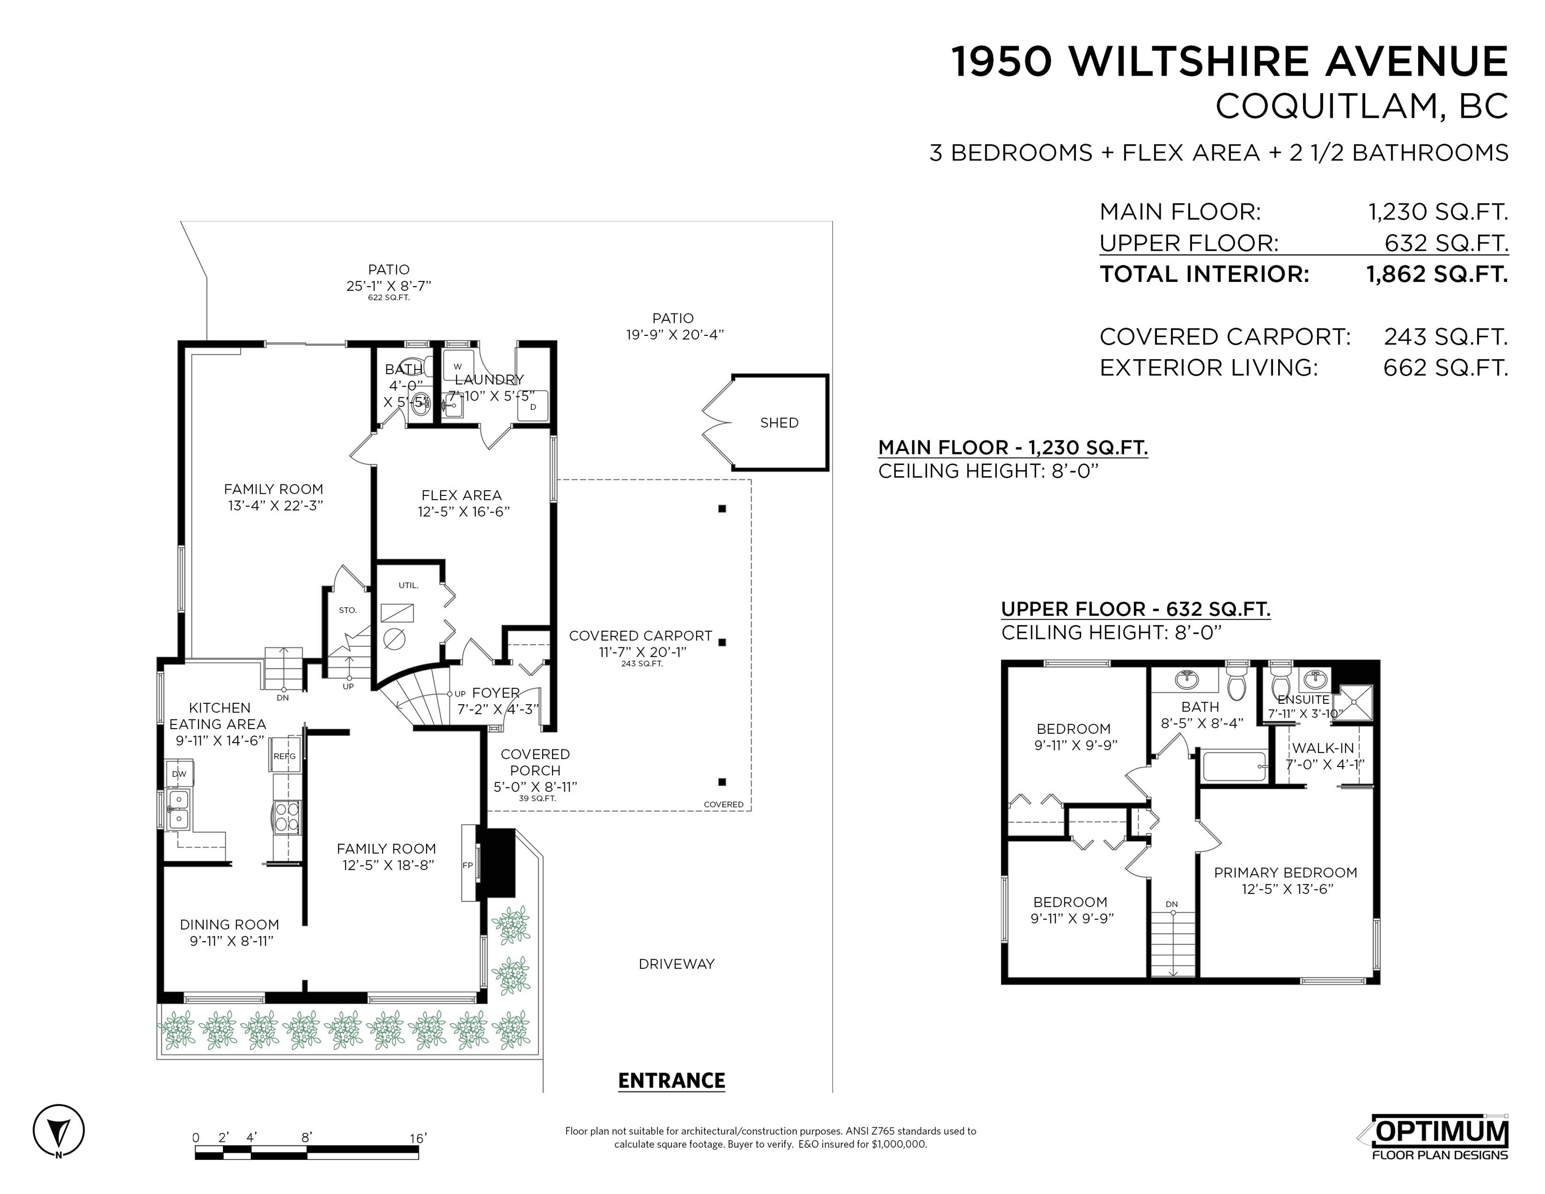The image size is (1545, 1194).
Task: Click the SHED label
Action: pyautogui.click(x=779, y=423)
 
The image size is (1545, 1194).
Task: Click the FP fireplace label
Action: pyautogui.click(x=467, y=865)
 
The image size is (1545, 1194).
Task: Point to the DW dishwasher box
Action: pyautogui.click(x=180, y=774)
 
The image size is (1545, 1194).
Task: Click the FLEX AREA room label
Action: pyautogui.click(x=461, y=495)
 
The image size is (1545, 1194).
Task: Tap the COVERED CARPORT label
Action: pyautogui.click(x=640, y=636)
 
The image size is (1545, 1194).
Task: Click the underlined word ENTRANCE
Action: pyautogui.click(x=671, y=1081)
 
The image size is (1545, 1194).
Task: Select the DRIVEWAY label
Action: pyautogui.click(x=676, y=964)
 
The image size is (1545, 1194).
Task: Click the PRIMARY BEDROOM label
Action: pyautogui.click(x=1285, y=873)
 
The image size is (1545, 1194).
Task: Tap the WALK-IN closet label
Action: pyautogui.click(x=1323, y=748)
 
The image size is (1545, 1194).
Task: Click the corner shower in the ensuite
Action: pyautogui.click(x=1352, y=703)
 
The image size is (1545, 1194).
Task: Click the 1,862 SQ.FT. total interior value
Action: pyautogui.click(x=1437, y=275)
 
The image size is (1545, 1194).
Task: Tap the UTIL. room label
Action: pyautogui.click(x=408, y=586)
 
